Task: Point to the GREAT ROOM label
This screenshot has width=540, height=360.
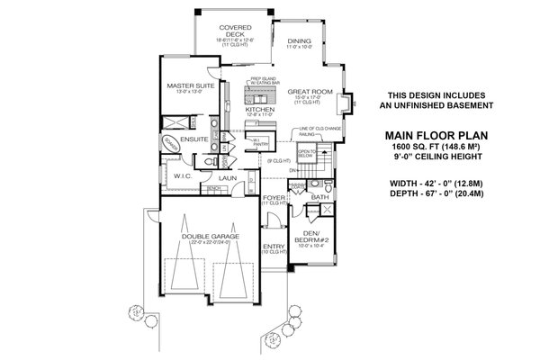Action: click(310, 92)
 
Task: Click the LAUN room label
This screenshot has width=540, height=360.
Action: click(228, 178)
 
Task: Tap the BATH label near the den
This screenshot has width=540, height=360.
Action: click(319, 196)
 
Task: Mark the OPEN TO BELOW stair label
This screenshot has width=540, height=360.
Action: click(306, 153)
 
